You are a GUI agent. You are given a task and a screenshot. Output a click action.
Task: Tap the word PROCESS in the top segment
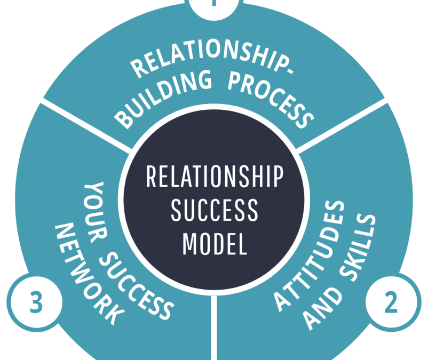click(269, 98)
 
